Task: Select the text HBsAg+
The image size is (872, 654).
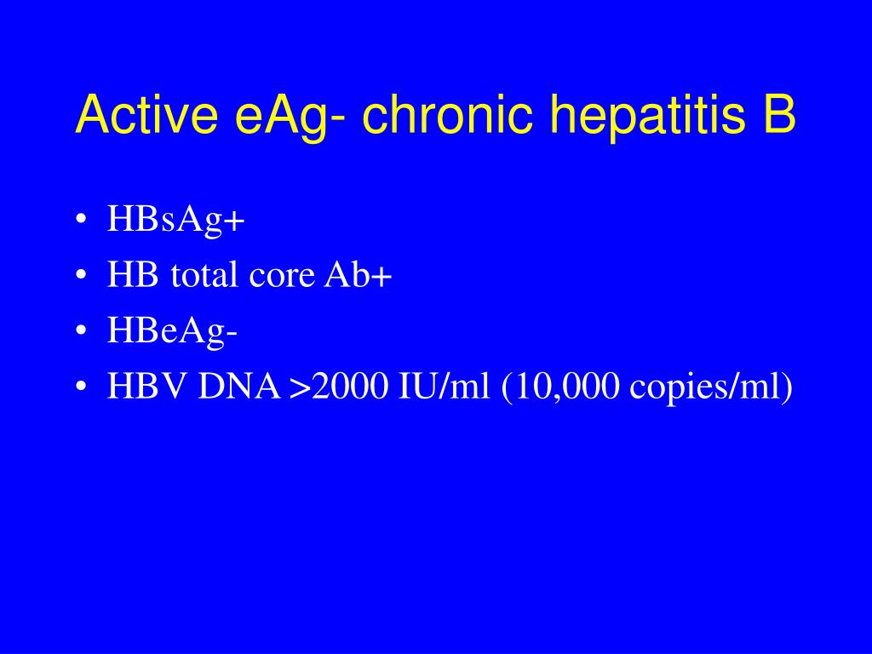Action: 175,221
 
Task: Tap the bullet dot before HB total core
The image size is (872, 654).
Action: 80,277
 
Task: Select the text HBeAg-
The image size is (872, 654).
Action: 172,332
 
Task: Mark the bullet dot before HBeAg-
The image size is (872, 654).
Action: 80,333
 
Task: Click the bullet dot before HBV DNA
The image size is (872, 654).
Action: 80,388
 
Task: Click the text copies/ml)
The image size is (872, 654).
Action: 711,389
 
